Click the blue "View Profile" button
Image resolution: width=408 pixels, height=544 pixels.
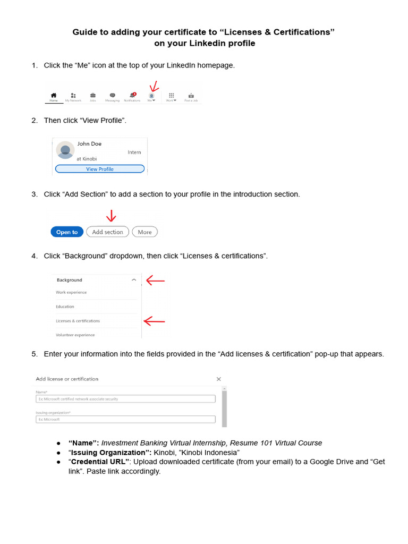tap(99, 169)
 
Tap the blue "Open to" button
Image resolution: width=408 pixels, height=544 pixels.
tap(67, 232)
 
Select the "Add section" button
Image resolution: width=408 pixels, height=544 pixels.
tap(107, 232)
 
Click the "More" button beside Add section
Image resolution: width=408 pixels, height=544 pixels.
tap(144, 232)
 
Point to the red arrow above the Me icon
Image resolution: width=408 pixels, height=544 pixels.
tap(154, 87)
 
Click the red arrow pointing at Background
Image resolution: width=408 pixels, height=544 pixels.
tap(155, 280)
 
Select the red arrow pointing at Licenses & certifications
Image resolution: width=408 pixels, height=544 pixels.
tap(154, 321)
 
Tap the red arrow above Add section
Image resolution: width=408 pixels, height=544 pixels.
tap(111, 216)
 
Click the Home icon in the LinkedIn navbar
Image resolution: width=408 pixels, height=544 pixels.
tap(54, 95)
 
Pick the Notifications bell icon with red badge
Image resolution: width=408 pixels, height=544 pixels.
tap(132, 95)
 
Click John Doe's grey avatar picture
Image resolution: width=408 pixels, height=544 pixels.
tap(65, 150)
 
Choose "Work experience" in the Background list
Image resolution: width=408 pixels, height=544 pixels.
tap(71, 292)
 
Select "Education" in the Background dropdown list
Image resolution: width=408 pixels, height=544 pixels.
tap(65, 307)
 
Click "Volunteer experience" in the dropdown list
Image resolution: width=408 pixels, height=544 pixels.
tap(75, 335)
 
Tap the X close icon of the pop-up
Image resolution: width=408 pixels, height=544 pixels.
tap(218, 379)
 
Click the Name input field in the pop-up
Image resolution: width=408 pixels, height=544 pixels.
tap(125, 399)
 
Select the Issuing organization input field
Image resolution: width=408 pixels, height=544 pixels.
tap(125, 419)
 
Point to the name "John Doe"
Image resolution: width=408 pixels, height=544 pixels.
tap(89, 143)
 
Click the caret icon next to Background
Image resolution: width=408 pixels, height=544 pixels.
tap(134, 280)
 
